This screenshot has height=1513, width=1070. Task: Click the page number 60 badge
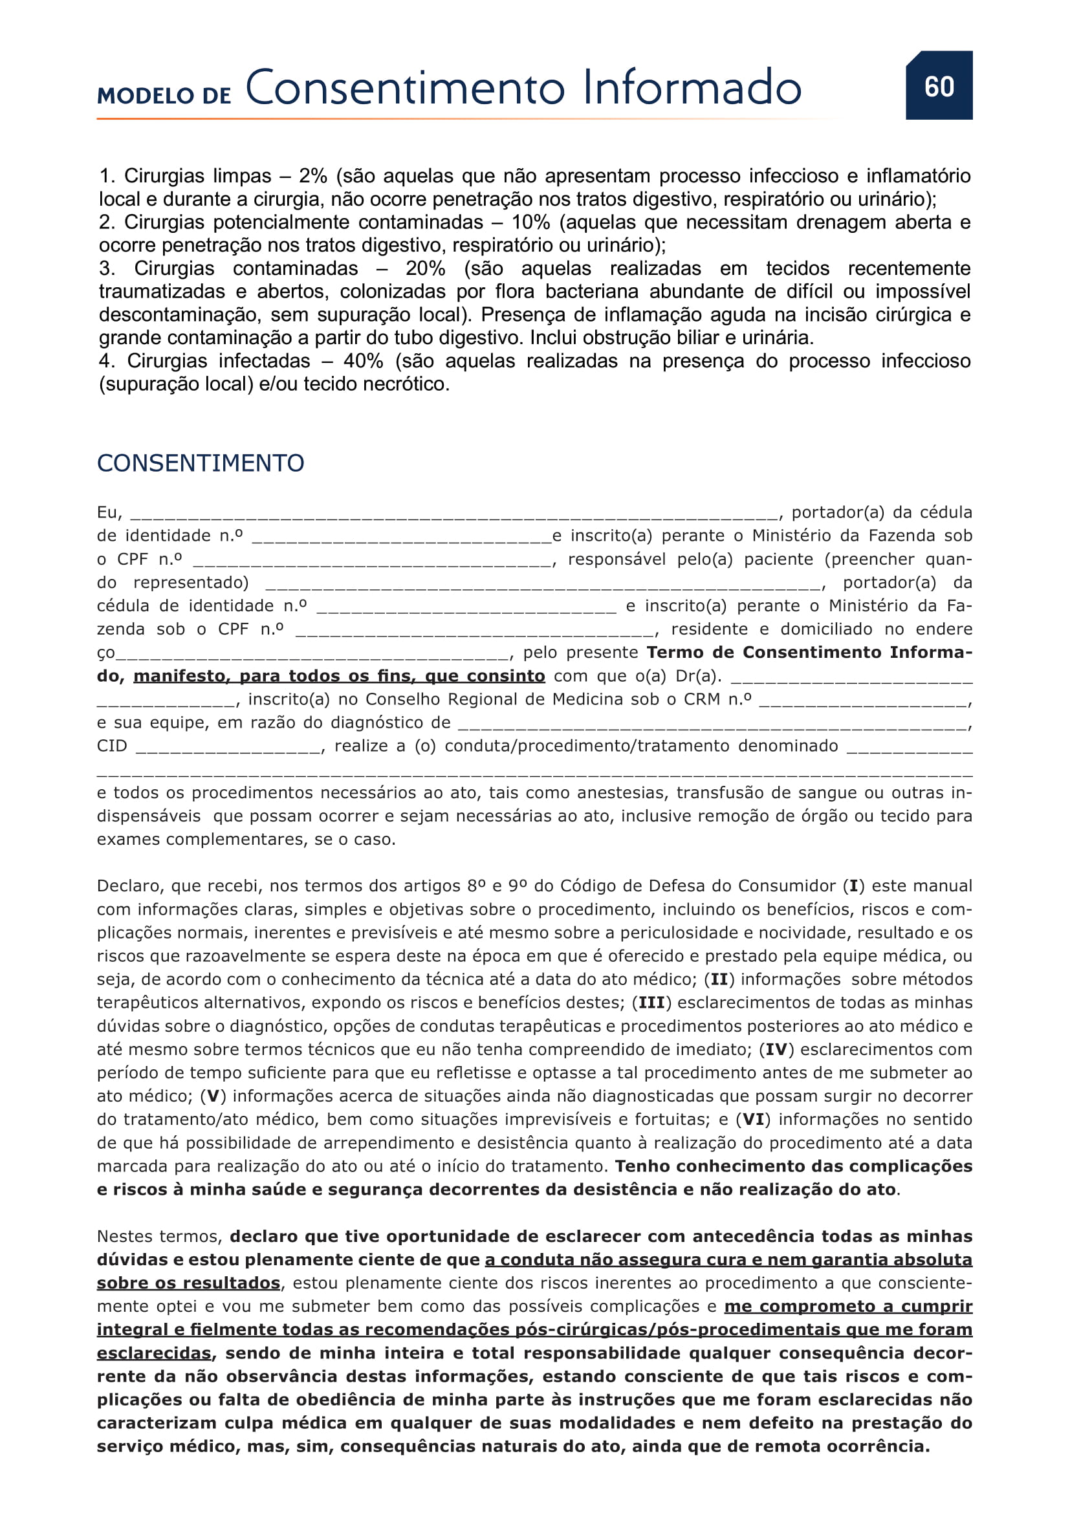point(938,85)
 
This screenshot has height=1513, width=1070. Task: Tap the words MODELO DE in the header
point(164,96)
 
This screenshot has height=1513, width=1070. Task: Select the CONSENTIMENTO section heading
point(201,463)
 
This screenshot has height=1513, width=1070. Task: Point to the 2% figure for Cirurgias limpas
point(313,176)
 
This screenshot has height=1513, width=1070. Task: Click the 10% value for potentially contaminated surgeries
point(530,222)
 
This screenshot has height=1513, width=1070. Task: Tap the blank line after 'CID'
point(228,747)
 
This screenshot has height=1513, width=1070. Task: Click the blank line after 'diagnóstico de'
point(712,724)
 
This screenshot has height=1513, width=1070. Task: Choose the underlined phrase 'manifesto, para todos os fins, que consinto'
point(340,676)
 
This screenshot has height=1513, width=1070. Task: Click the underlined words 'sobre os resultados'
point(188,1283)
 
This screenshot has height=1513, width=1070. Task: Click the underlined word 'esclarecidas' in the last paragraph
point(154,1353)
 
